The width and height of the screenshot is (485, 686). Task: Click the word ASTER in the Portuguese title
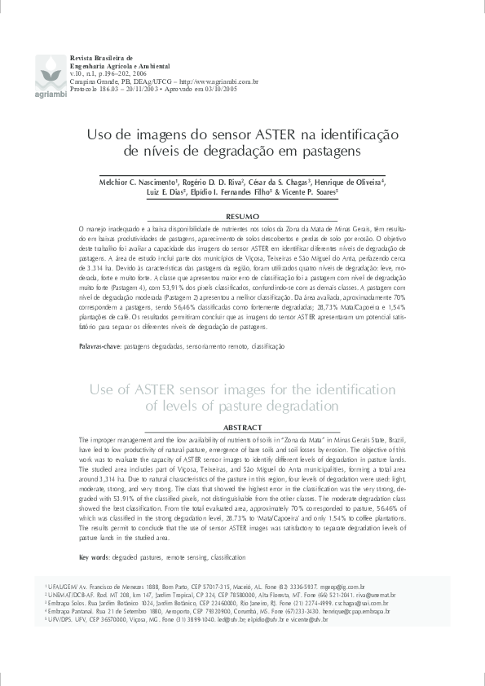click(280, 133)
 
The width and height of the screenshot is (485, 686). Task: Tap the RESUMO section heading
click(242, 218)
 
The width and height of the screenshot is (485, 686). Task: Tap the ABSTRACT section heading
click(242, 428)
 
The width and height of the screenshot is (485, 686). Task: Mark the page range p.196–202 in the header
click(113, 74)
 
